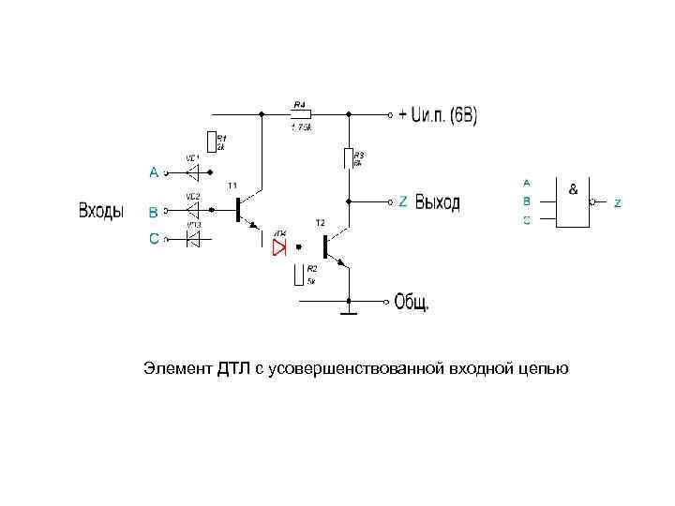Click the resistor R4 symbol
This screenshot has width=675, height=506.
(301, 115)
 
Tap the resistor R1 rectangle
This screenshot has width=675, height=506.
(213, 141)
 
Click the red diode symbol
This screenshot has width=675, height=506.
(278, 246)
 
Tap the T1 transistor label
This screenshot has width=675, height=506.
(232, 185)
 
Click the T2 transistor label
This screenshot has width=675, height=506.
(320, 223)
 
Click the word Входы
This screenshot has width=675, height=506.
(101, 211)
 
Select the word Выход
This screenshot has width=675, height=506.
(438, 202)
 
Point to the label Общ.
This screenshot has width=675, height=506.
(412, 302)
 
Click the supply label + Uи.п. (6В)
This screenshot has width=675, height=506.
(438, 116)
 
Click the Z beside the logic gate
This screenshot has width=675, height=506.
(617, 203)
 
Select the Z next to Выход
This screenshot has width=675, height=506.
(403, 201)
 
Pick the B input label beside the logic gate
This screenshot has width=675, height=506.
(526, 201)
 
